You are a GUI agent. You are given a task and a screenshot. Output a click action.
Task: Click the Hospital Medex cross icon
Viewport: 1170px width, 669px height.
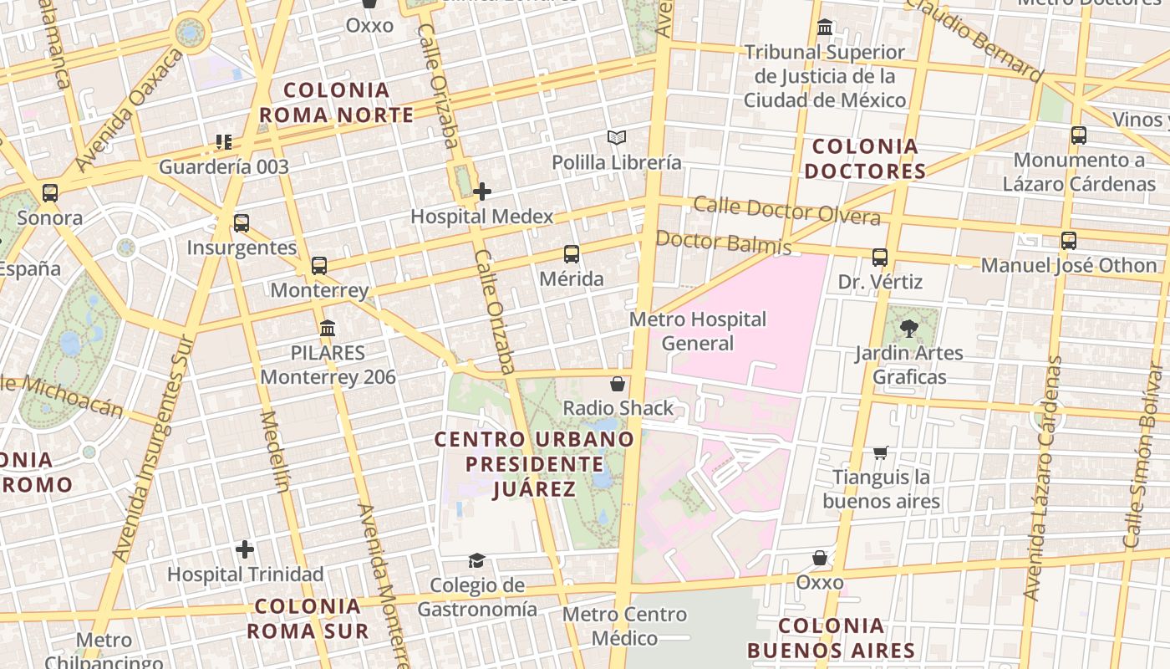[482, 192]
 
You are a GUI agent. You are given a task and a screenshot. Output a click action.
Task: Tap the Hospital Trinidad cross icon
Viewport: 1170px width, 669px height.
[245, 549]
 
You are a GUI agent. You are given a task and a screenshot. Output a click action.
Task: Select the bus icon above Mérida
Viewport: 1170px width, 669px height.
[572, 254]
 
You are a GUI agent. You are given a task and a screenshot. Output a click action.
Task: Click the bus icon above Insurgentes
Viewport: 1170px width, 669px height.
[242, 223]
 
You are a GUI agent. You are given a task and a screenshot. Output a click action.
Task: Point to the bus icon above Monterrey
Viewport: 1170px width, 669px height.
[319, 266]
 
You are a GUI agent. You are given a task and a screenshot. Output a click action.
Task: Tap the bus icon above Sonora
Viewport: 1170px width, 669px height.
[50, 193]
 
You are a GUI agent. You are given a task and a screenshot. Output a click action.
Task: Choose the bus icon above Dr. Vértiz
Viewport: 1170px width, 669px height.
[880, 258]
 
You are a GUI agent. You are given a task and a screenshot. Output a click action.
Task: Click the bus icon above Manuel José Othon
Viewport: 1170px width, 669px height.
[1069, 241]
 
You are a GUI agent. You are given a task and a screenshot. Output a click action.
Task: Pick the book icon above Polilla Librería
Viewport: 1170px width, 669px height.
[617, 137]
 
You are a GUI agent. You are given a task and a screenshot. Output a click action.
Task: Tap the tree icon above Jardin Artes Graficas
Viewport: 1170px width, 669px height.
[909, 329]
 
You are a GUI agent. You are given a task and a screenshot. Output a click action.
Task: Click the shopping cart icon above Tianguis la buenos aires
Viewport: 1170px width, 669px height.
[880, 452]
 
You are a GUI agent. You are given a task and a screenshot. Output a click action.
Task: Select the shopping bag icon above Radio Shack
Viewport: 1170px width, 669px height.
[618, 384]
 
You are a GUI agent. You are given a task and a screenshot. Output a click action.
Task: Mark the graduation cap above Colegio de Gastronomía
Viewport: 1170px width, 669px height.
[476, 560]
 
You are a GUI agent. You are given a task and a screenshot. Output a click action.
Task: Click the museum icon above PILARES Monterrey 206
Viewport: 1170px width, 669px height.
[328, 328]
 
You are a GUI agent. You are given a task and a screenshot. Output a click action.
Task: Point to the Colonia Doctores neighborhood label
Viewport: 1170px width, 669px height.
[865, 159]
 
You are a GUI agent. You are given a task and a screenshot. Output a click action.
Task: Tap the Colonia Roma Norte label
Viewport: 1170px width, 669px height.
[336, 102]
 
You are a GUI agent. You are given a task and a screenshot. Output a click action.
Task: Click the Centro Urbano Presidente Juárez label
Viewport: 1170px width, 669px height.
[535, 463]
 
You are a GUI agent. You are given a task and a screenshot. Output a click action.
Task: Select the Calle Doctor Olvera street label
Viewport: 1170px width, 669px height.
[786, 211]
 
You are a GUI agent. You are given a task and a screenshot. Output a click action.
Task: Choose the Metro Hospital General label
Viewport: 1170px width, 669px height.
[697, 331]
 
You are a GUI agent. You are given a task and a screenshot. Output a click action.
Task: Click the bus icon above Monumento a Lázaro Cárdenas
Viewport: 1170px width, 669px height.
[1079, 135]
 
